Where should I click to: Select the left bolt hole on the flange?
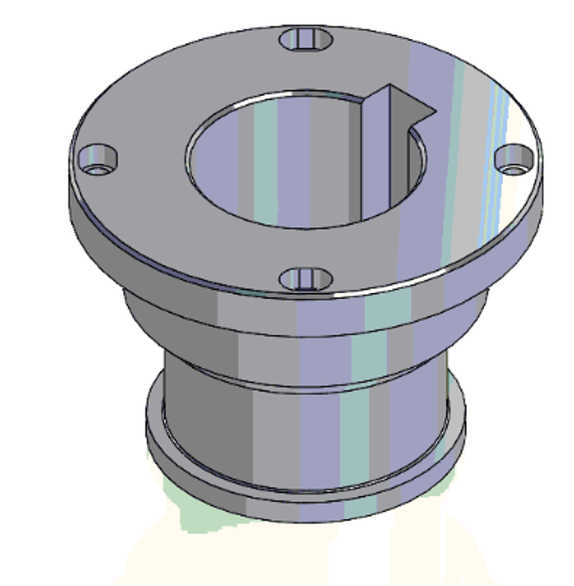coord(97,159)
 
